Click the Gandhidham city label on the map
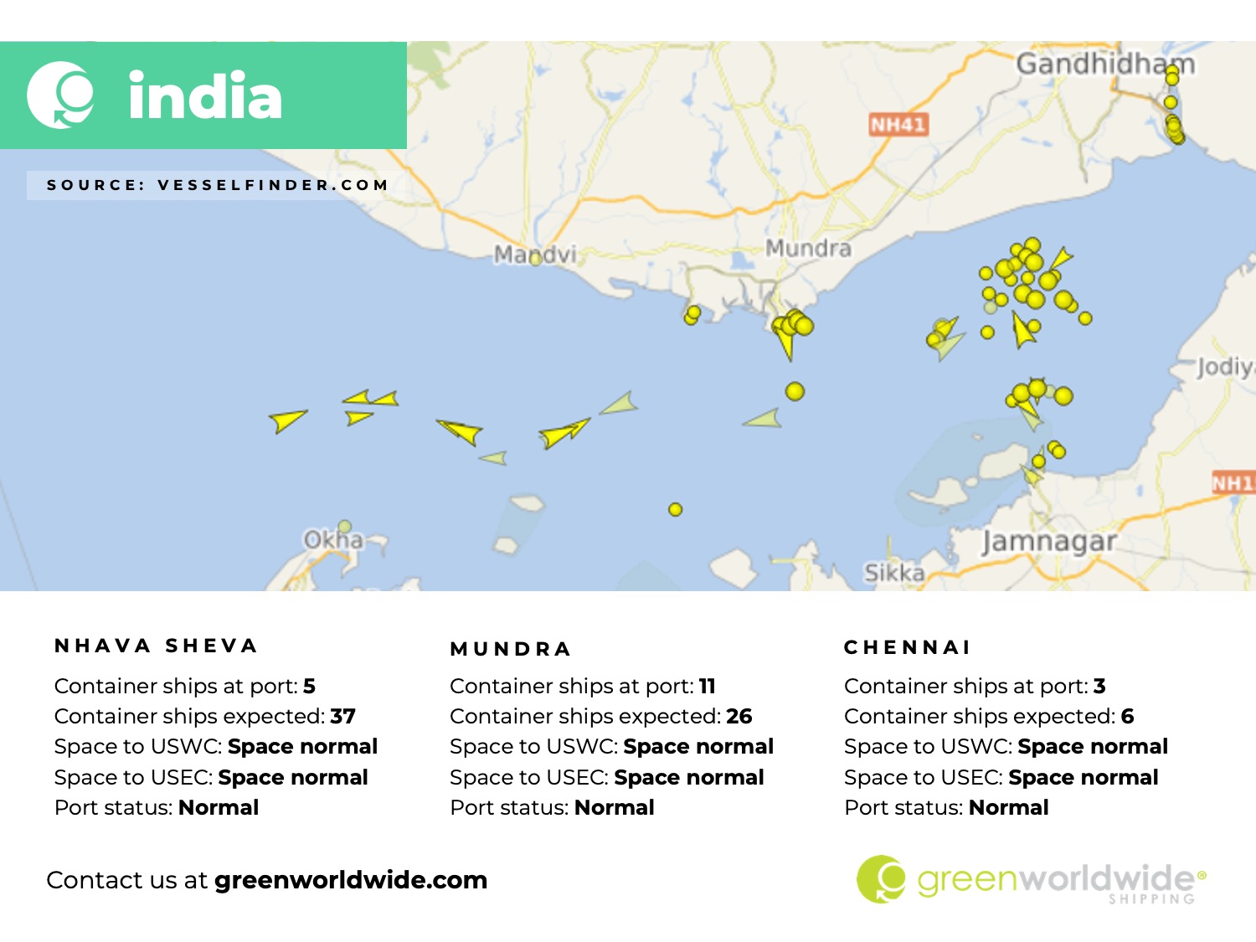1104,64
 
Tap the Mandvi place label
535,254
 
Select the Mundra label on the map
808,248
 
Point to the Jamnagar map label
1048,542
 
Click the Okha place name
333,539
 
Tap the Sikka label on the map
894,573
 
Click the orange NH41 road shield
898,125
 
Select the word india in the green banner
205,95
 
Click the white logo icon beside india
60,95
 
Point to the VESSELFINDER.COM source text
273,185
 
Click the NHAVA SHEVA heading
156,646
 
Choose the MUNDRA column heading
511,649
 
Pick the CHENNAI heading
908,647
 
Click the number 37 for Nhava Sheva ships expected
342,717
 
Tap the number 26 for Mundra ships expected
739,717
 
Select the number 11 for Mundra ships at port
708,687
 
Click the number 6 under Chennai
1127,717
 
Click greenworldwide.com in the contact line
351,880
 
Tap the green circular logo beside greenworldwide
881,879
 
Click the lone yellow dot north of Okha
676,509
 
